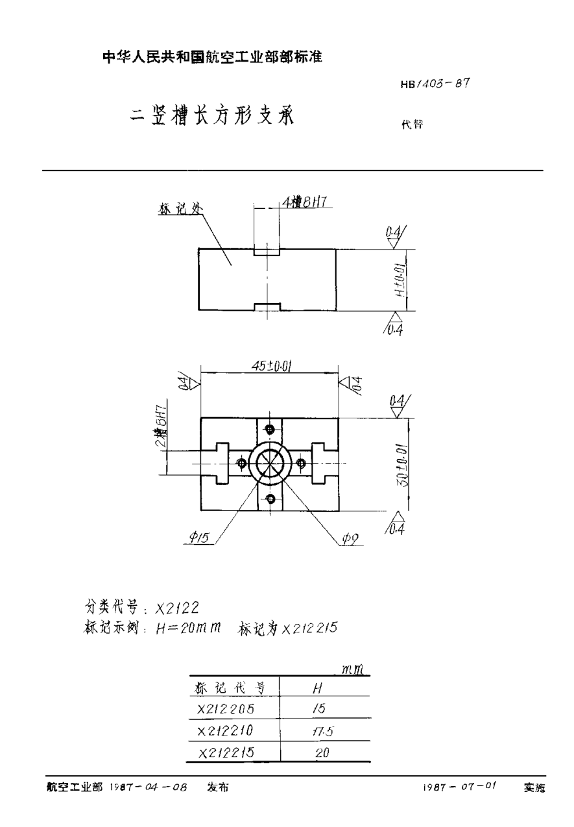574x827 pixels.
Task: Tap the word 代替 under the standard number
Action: (x=412, y=126)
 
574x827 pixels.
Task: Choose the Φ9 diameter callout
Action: (x=350, y=538)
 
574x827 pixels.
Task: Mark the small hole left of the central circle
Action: (x=241, y=463)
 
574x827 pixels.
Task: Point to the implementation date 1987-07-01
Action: (x=459, y=787)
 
